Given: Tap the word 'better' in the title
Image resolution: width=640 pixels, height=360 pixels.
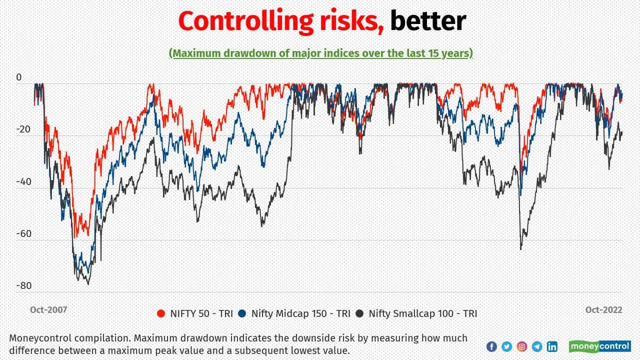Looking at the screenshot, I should coord(428,21).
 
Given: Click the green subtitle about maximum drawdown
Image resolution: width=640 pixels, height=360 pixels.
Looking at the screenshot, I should coord(320,53).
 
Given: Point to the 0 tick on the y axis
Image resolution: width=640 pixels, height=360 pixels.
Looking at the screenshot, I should coord(19,77).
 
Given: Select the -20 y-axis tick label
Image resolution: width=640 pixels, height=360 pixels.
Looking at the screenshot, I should coord(23,129).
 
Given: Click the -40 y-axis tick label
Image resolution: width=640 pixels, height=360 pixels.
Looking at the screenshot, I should coord(23,182).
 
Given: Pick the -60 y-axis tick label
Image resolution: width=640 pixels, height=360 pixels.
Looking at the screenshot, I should coord(23,234).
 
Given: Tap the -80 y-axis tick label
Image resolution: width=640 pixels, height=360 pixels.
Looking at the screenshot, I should coord(23,286).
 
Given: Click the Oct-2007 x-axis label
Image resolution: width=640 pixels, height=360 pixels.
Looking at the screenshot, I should coord(48,310).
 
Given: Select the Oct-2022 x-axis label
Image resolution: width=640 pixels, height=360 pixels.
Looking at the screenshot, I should coord(604,310).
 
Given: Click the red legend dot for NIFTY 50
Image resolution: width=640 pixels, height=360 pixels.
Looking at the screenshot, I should coord(160,314).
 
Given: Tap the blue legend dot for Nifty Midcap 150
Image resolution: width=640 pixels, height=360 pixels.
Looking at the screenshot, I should coord(242,314).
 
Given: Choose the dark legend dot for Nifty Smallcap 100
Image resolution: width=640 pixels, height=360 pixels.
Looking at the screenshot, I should coord(359,314).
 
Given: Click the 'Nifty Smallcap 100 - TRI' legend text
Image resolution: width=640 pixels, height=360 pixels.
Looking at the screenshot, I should coord(422,314).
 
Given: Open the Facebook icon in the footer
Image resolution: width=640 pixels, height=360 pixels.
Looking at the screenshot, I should coord(491,346).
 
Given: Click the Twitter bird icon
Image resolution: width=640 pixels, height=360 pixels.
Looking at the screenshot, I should coord(506,346).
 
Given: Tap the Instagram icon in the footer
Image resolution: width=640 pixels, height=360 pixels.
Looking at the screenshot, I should coord(522,346).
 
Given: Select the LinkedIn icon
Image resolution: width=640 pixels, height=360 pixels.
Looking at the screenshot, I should coord(552,346).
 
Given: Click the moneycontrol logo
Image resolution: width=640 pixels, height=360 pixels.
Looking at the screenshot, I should coord(600,346).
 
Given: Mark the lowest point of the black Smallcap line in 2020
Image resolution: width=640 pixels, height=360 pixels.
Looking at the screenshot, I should coord(520,249).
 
